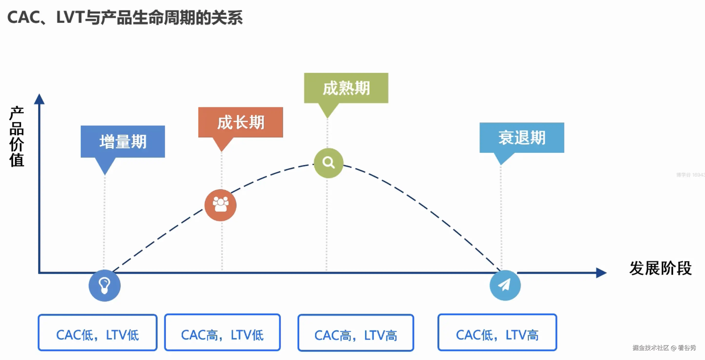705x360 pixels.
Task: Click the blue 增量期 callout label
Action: click(123, 141)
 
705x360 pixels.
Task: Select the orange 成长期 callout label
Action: click(241, 122)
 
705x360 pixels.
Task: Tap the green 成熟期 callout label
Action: click(346, 88)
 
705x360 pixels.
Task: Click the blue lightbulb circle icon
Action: click(105, 286)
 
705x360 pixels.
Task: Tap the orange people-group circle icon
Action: click(221, 205)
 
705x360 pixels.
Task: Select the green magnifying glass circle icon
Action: click(328, 163)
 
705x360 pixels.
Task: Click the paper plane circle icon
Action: click(505, 285)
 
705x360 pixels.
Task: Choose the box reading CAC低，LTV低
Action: click(98, 332)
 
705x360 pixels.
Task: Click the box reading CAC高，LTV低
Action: click(223, 332)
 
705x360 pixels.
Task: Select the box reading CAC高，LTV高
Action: click(356, 333)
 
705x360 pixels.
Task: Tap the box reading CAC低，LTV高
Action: click(497, 332)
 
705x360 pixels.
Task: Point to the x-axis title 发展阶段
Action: click(660, 268)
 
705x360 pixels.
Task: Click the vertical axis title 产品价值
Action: click(17, 136)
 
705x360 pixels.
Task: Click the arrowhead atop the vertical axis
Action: click(39, 99)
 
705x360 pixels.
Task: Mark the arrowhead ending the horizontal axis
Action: click(602, 273)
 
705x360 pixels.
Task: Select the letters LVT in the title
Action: click(70, 18)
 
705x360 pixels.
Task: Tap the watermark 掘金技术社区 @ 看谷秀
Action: click(664, 348)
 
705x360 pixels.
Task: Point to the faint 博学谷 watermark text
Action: click(690, 175)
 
